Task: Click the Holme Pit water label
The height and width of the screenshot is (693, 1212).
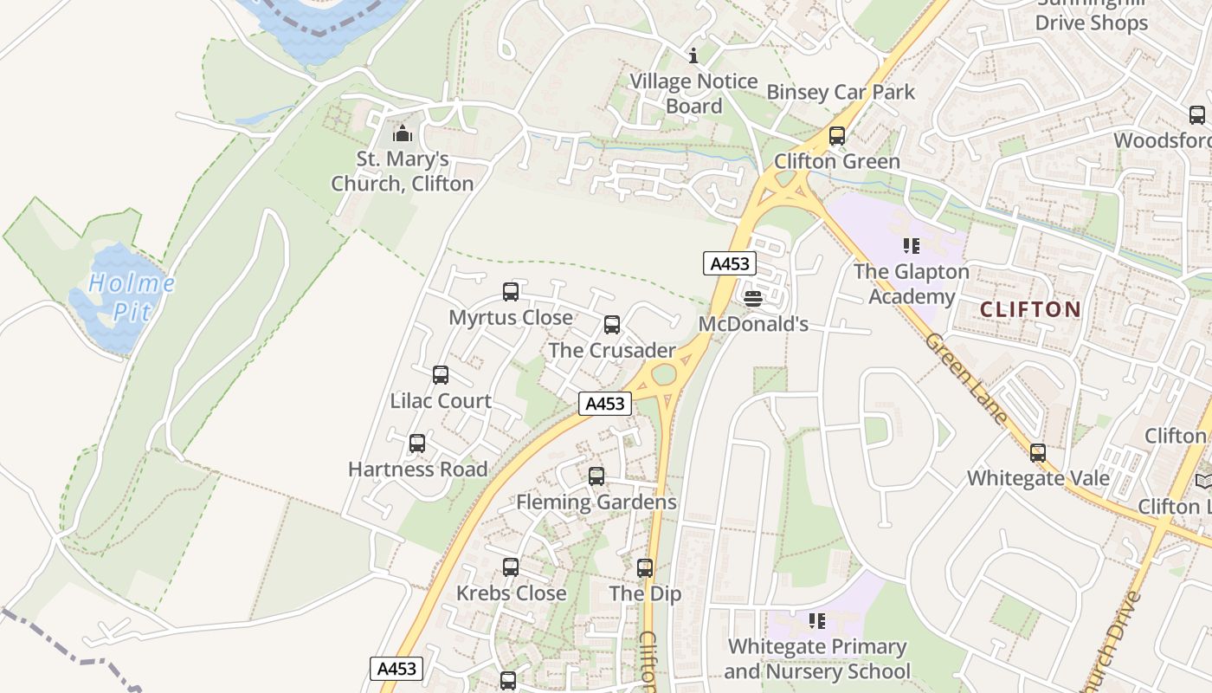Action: (132, 297)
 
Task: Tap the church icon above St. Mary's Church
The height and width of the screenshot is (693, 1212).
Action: (402, 133)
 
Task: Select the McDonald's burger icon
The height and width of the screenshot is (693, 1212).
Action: (753, 299)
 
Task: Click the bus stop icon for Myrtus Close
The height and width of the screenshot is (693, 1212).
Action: (511, 292)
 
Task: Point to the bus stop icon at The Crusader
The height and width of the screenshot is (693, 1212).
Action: (612, 325)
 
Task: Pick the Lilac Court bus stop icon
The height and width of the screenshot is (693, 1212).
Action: (441, 375)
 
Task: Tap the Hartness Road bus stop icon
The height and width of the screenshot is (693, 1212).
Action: (417, 444)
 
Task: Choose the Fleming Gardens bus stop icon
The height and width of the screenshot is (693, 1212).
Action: (596, 476)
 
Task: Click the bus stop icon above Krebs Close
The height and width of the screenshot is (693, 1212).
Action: (511, 567)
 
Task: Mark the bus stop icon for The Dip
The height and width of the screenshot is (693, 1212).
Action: (645, 568)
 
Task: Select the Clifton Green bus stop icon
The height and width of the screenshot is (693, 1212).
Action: (837, 136)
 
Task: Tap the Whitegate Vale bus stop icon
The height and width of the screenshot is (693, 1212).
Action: (1038, 452)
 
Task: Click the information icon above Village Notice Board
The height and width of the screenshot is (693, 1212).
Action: (693, 56)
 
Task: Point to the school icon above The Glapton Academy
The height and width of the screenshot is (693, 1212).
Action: (911, 246)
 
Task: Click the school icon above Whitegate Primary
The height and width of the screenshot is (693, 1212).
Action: (816, 620)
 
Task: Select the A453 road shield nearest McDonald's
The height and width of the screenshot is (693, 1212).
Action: (730, 263)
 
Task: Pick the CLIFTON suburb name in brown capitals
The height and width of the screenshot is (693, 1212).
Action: (1030, 309)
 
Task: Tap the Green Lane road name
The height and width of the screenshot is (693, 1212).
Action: (966, 379)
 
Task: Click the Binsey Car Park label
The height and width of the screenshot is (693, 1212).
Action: (841, 92)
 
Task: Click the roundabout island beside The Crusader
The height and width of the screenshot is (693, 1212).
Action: (663, 374)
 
